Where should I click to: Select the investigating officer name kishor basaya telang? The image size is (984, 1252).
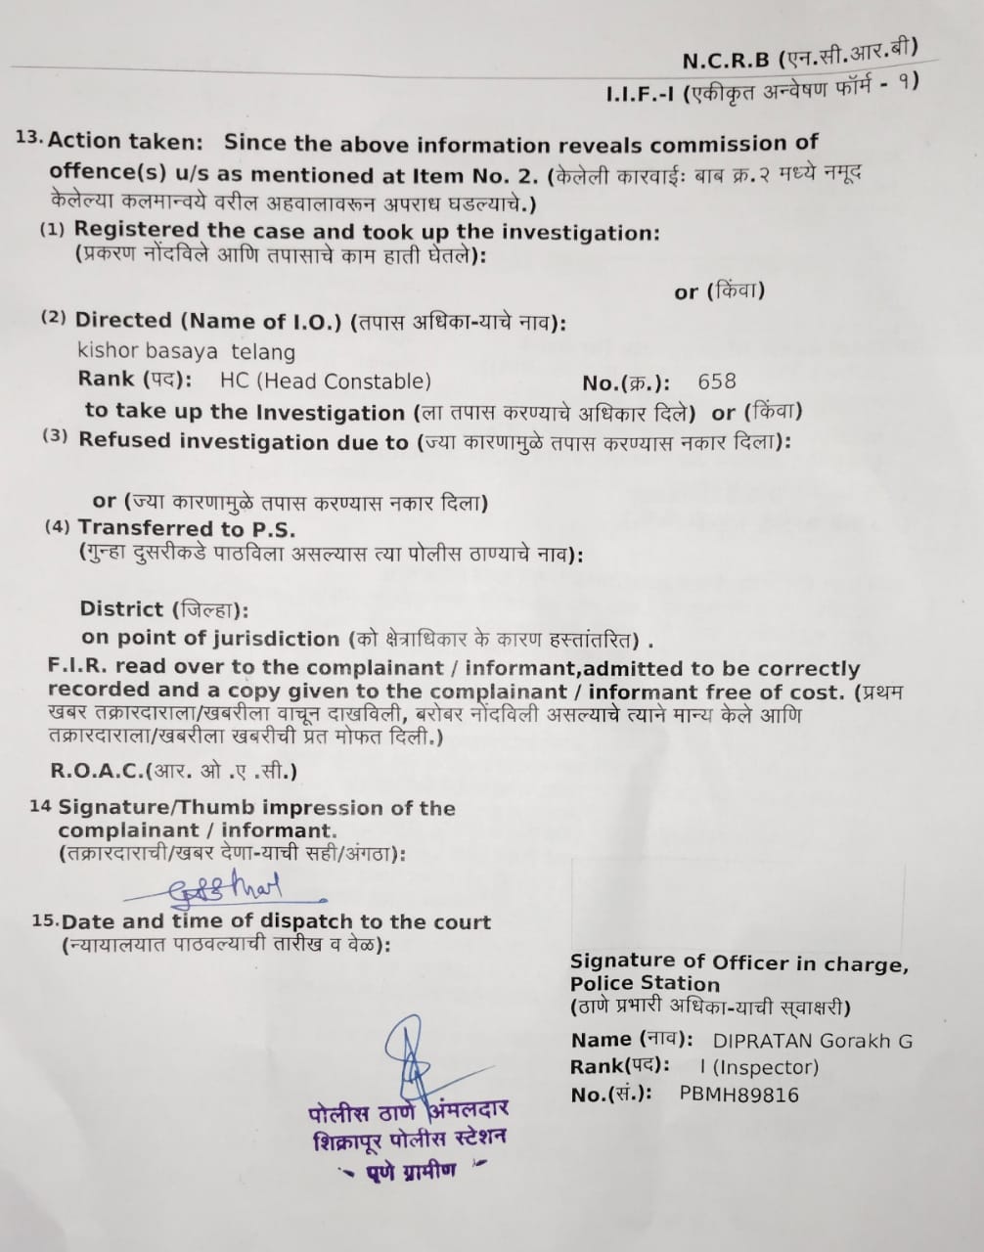[186, 351]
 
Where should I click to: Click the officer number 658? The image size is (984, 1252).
[717, 381]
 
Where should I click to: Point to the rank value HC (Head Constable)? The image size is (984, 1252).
[325, 381]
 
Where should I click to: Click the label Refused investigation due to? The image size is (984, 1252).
[244, 441]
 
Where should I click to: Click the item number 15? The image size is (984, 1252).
[45, 921]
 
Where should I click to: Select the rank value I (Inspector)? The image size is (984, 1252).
[759, 1067]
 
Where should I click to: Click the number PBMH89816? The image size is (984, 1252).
[738, 1094]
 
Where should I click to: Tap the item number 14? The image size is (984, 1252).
[40, 808]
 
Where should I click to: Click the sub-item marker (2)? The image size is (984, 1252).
[54, 319]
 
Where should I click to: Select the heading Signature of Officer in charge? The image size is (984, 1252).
[739, 962]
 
